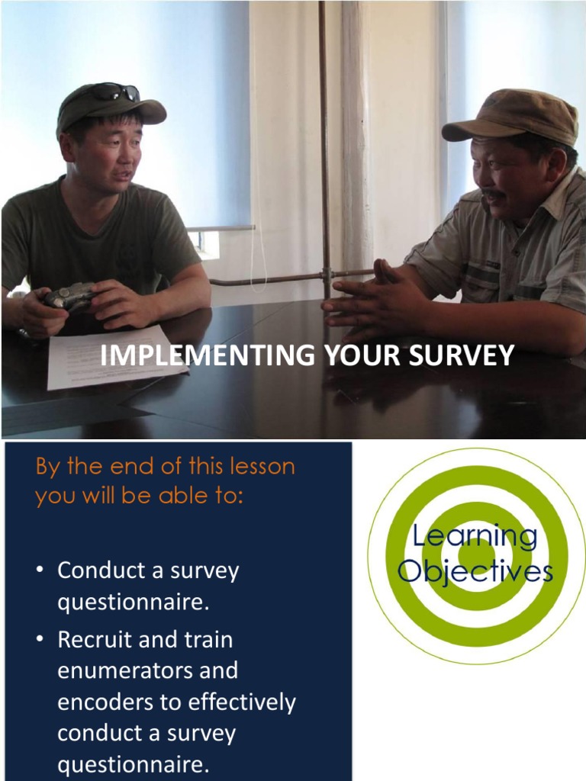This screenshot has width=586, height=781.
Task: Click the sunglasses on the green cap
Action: pos(114,92)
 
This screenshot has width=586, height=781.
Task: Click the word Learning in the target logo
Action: pos(475,536)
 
